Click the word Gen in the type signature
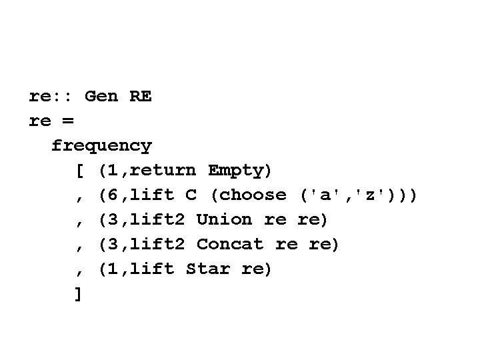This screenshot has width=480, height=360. (x=101, y=96)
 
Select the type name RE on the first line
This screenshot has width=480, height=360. (x=141, y=96)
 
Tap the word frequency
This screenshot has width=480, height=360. (x=102, y=145)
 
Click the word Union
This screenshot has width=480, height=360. (x=224, y=219)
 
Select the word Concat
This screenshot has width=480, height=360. (x=230, y=244)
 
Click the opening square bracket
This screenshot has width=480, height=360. (x=79, y=171)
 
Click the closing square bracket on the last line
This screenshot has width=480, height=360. (x=79, y=293)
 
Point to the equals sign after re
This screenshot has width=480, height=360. (x=68, y=121)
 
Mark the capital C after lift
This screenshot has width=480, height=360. (x=191, y=195)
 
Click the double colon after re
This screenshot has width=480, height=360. (x=62, y=96)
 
